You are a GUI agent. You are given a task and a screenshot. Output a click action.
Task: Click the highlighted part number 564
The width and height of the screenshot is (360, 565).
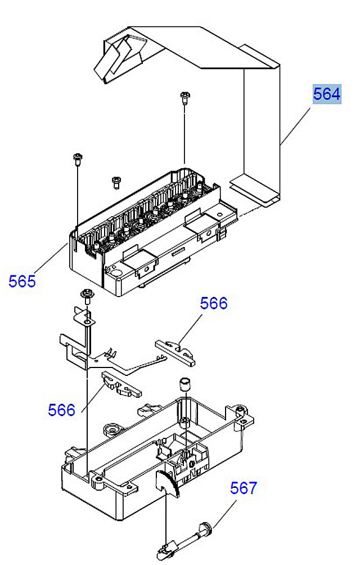327,94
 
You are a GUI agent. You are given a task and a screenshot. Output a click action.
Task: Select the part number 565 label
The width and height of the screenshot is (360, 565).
22,281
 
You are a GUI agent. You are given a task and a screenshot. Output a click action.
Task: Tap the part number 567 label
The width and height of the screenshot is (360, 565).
243,488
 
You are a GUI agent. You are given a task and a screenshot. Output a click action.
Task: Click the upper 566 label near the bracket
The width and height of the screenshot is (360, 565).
214,303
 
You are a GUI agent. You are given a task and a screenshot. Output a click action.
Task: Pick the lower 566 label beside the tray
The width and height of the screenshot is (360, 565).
61,410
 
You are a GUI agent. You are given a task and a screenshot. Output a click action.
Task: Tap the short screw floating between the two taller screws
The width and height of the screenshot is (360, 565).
116,181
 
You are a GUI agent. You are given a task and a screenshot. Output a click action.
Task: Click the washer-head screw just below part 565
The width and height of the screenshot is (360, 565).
87,294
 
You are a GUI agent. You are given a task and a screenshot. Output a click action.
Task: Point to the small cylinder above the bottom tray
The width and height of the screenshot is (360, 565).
183,385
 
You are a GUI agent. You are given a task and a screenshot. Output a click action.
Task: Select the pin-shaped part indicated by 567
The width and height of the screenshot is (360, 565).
186,539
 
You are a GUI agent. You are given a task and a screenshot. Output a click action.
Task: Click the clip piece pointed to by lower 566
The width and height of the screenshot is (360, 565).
120,385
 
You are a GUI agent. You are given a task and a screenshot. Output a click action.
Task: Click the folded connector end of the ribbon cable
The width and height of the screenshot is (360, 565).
118,56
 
